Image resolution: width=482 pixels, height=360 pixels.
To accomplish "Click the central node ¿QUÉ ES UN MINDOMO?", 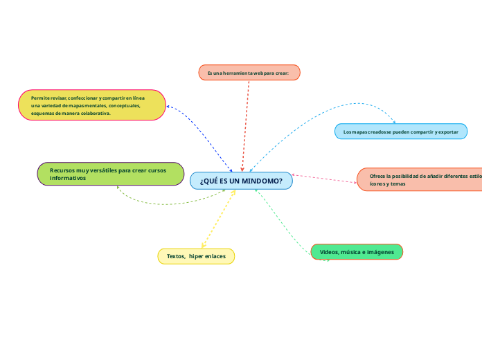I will pyautogui.click(x=241, y=181).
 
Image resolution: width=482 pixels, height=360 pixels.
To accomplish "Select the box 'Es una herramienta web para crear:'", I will pyautogui.click(x=249, y=73).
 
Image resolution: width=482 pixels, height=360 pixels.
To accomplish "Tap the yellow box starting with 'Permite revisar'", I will pyautogui.click(x=92, y=105).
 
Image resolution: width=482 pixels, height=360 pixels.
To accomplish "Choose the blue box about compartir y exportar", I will pyautogui.click(x=401, y=131).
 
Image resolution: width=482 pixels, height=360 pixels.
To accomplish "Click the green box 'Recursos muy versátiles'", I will pyautogui.click(x=110, y=174).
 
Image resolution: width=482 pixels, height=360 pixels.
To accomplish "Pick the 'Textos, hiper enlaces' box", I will pyautogui.click(x=197, y=256).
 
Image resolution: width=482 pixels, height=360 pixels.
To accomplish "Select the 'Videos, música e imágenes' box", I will pyautogui.click(x=357, y=252).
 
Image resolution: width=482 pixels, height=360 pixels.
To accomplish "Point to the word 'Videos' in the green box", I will pyautogui.click(x=329, y=252).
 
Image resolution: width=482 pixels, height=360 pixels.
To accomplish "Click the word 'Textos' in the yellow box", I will pyautogui.click(x=175, y=256).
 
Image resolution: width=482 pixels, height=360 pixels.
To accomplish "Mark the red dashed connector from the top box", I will pyautogui.click(x=245, y=125).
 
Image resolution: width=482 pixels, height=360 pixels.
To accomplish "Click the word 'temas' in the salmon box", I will pyautogui.click(x=398, y=184).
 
